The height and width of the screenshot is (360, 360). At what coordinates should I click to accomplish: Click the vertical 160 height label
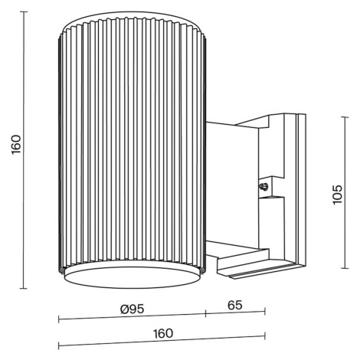(x=16, y=145)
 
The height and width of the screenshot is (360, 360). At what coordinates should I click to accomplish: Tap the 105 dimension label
(x=337, y=195)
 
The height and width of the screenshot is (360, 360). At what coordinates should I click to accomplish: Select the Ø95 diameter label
(x=133, y=309)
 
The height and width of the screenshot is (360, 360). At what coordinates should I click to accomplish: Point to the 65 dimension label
(x=235, y=305)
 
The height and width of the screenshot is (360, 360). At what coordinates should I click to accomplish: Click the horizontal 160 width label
(x=163, y=333)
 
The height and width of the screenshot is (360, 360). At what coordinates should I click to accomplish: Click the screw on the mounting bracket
(x=263, y=187)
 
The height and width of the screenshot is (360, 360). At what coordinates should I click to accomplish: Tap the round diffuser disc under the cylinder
(x=132, y=277)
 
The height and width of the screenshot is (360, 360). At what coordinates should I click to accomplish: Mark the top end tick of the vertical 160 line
(x=24, y=11)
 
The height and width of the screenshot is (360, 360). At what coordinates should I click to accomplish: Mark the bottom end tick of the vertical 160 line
(x=24, y=289)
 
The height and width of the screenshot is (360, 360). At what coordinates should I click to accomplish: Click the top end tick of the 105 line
(x=345, y=117)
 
